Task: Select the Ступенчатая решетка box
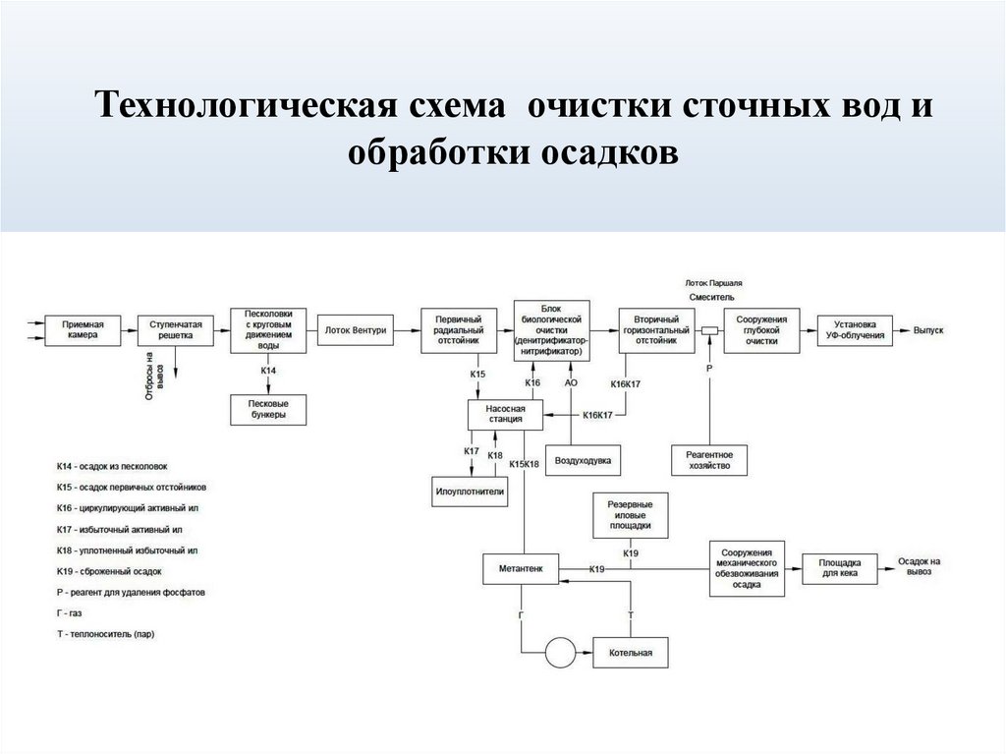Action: [176, 329]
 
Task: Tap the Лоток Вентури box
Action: [356, 329]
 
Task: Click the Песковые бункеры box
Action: [268, 409]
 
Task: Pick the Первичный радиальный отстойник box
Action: [458, 329]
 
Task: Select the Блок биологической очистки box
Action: [550, 328]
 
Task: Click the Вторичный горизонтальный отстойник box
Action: [655, 329]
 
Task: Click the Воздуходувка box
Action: [584, 460]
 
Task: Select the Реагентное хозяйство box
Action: [708, 460]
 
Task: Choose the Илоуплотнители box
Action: [470, 491]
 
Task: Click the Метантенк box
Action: [521, 568]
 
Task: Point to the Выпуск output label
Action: [927, 330]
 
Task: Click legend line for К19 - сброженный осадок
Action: [109, 570]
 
